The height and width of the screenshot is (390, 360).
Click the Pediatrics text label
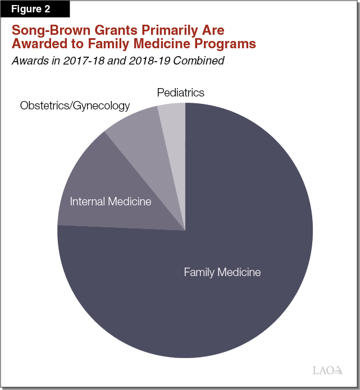[181, 92]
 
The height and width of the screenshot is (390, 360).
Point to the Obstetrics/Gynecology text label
[75, 105]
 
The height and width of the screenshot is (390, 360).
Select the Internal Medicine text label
[111, 201]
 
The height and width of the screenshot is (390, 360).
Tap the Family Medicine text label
[222, 273]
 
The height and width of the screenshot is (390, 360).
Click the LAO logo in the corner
[327, 370]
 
